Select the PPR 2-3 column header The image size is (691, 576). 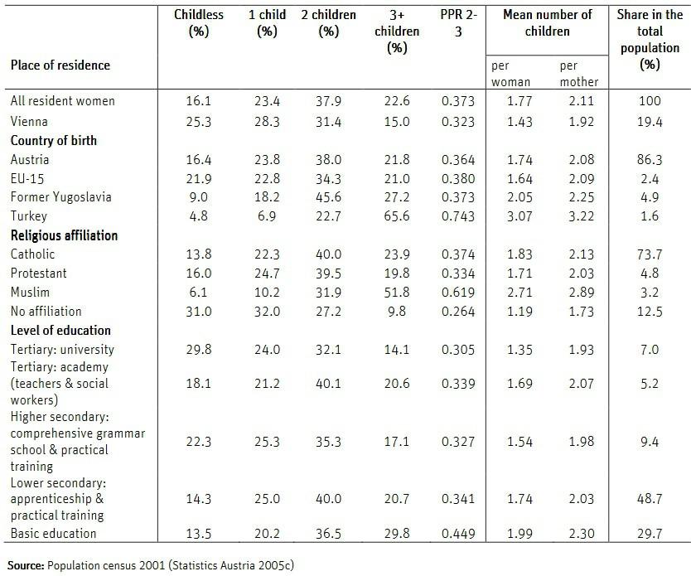458,23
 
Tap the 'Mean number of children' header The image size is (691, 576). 547,23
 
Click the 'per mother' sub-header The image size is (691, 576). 578,73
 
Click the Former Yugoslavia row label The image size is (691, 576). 60,197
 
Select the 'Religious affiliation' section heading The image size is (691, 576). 64,235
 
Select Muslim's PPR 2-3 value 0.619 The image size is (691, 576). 458,293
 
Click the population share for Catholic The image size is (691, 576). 650,254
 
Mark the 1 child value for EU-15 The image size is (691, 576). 267,178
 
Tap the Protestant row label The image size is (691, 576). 39,273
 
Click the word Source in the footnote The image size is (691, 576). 27,567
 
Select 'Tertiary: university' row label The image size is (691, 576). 62,350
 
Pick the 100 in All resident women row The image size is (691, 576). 650,101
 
